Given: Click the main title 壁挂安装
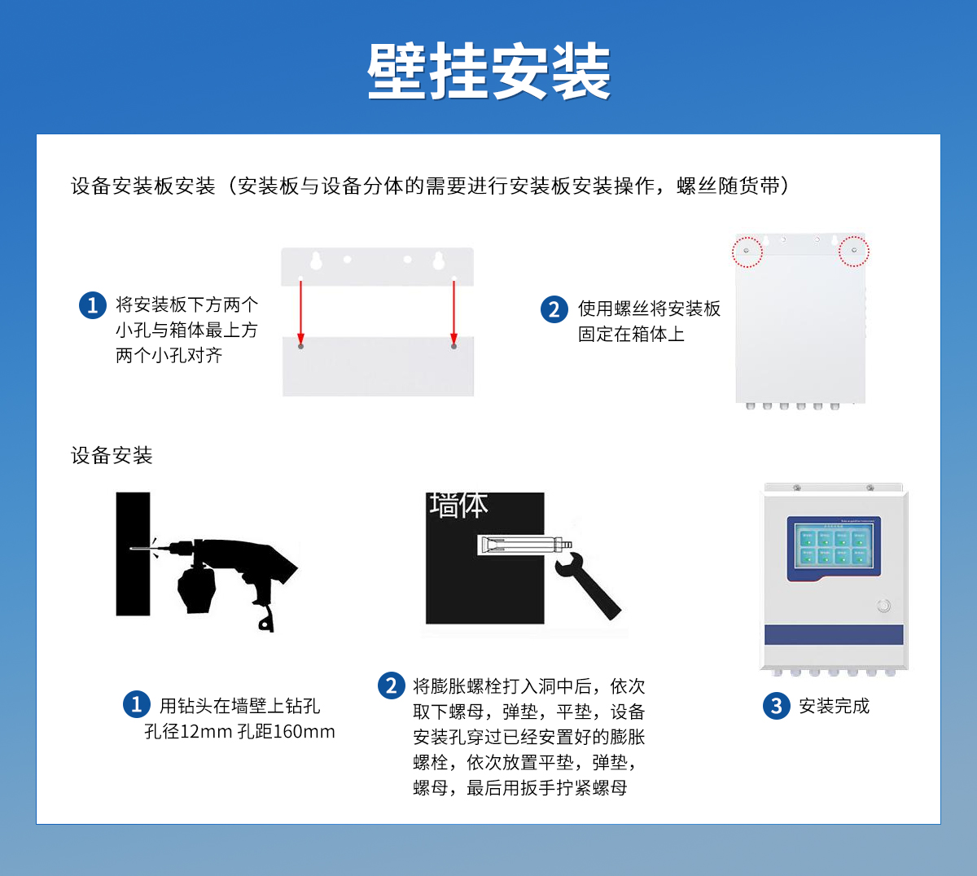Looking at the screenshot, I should tap(488, 72).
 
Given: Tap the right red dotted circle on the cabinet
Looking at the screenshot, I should tap(853, 251).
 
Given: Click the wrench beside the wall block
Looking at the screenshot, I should tap(588, 585).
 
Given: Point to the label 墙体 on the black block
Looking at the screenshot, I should tap(458, 506).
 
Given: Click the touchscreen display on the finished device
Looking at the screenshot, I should tap(833, 548).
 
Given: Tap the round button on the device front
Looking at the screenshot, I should tap(883, 606).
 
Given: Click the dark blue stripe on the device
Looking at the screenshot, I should tap(834, 635).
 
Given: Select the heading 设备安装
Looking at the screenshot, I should tap(112, 455).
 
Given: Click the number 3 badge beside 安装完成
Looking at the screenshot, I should tap(776, 706).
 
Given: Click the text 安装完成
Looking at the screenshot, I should tap(834, 706).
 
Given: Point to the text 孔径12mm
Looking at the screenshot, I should tap(188, 731).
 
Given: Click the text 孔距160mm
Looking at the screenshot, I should tap(286, 731).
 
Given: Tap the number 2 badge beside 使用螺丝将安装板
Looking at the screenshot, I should tap(554, 309).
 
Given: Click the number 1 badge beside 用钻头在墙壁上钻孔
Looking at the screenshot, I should tap(136, 704).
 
